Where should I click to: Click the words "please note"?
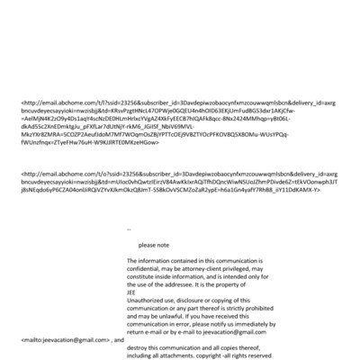153,245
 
